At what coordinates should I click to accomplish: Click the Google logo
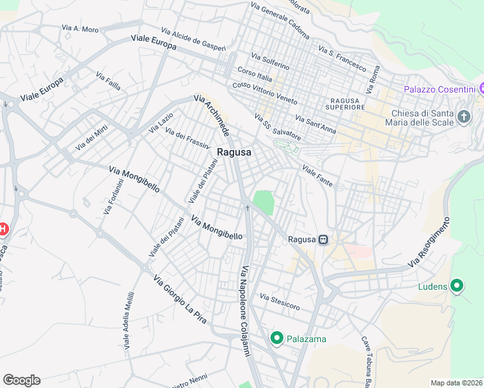(x=21, y=380)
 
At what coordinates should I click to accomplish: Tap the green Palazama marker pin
(x=277, y=338)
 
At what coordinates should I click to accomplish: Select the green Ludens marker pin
(x=457, y=285)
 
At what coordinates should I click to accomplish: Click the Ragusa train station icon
(x=323, y=239)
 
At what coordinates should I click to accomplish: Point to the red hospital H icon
(x=3, y=229)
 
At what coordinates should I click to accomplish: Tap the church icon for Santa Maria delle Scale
(x=463, y=117)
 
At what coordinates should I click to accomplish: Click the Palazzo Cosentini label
(x=440, y=89)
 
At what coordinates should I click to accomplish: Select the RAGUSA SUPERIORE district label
(x=347, y=103)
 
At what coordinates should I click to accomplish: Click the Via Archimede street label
(x=212, y=115)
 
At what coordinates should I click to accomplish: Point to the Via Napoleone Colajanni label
(x=245, y=311)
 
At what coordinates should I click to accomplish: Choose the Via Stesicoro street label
(x=280, y=301)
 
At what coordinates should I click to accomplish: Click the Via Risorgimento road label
(x=430, y=244)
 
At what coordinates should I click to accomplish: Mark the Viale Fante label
(x=317, y=177)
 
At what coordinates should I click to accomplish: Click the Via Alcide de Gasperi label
(x=193, y=38)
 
